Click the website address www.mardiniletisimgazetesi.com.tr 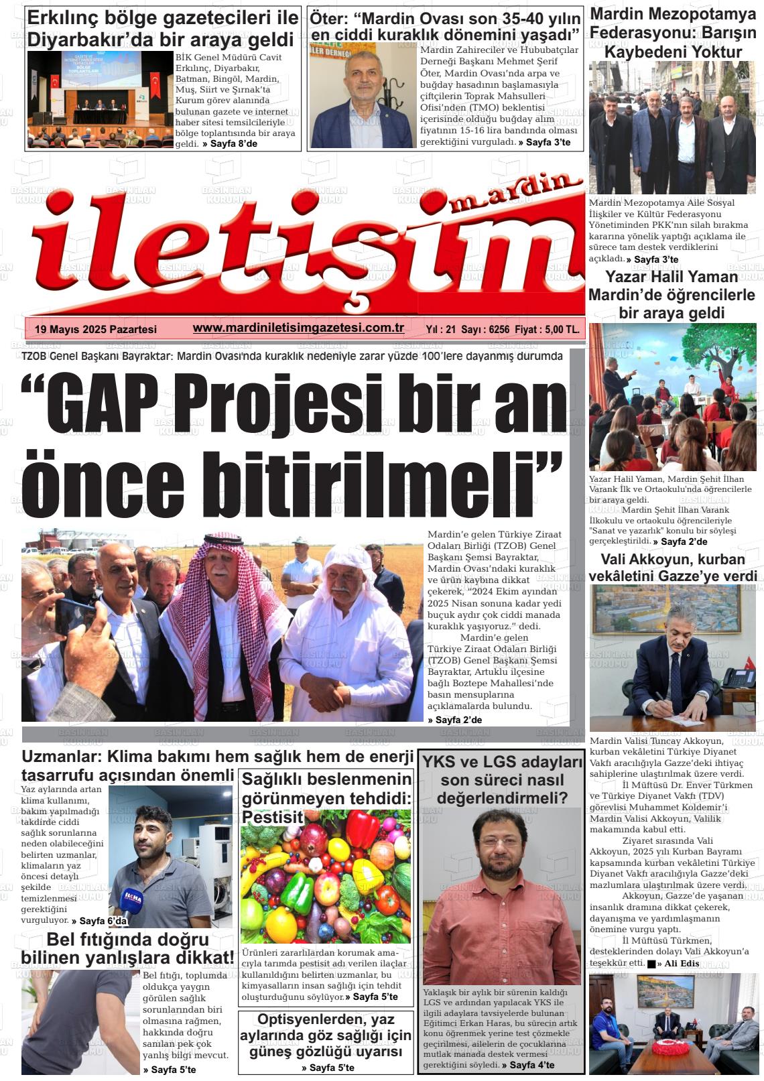[298, 328]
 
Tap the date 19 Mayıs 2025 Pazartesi [95, 329]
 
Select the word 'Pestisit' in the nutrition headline [273, 817]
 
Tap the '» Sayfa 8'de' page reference [230, 144]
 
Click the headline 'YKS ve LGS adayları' [501, 762]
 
